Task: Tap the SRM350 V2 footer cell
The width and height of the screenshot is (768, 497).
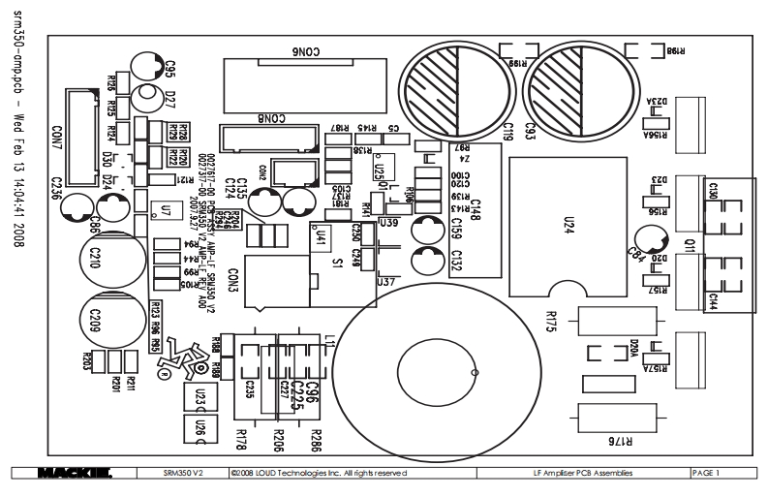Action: (x=183, y=473)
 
